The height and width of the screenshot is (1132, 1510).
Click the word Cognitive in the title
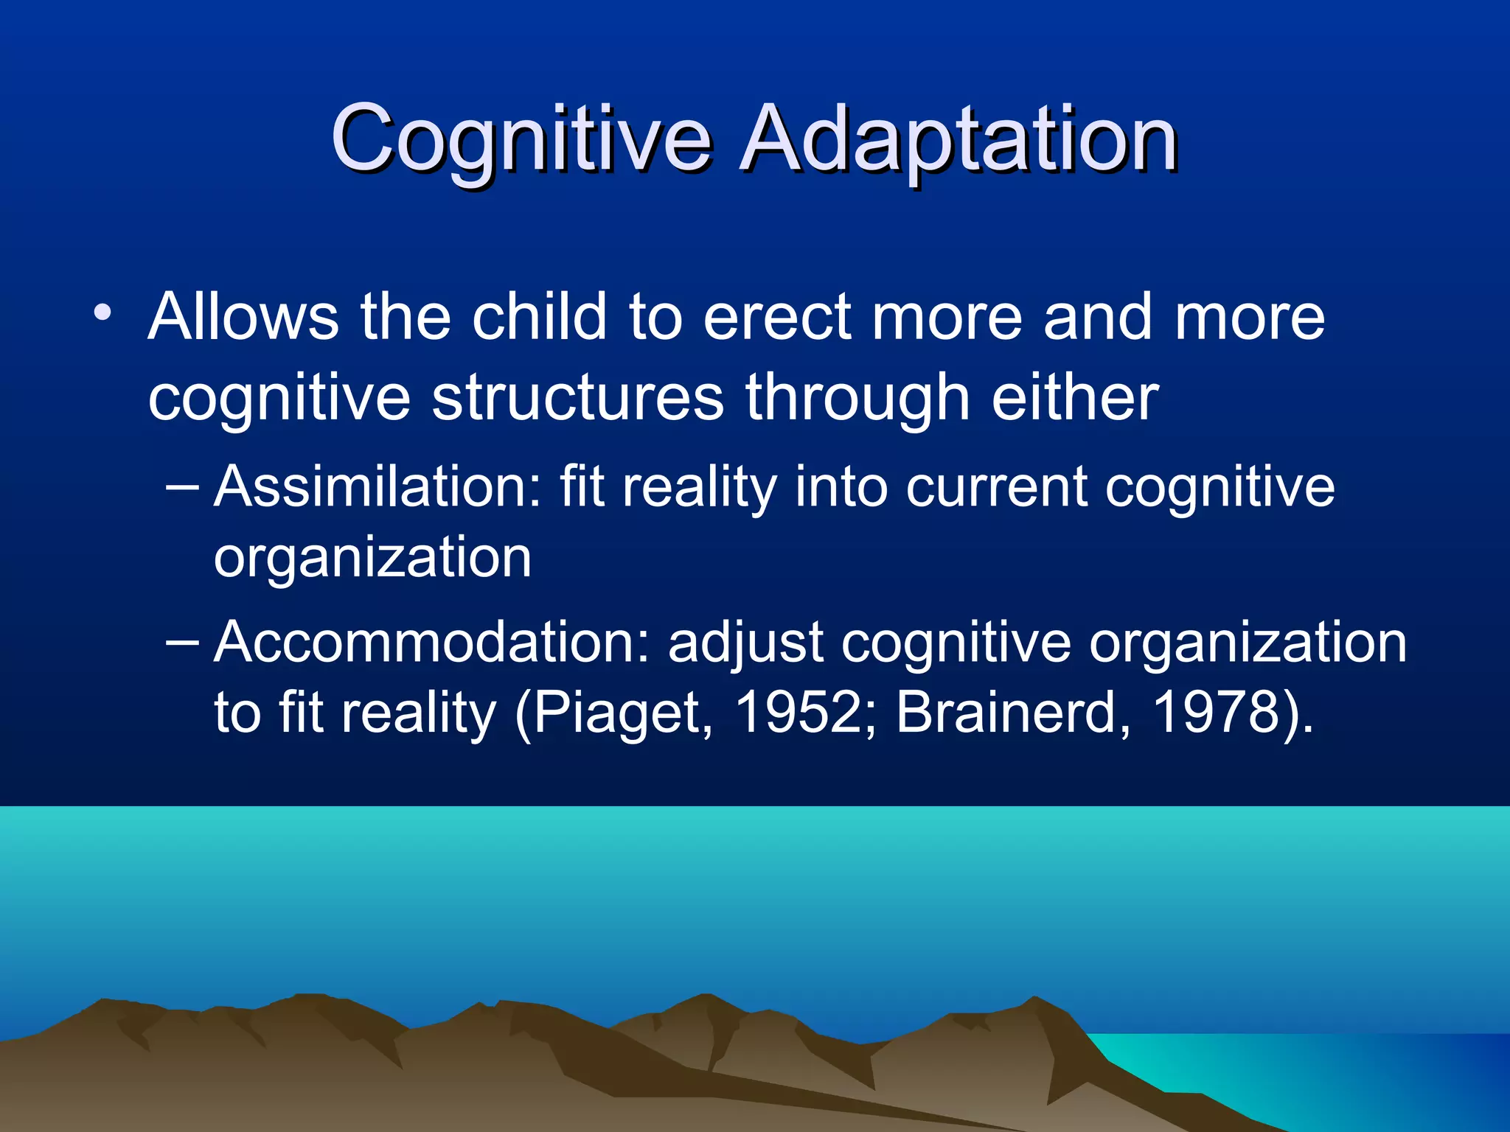click(x=521, y=139)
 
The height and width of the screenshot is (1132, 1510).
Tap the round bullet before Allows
click(x=102, y=313)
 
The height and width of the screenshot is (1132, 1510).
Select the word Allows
click(x=243, y=317)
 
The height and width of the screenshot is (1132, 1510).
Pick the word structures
click(x=577, y=398)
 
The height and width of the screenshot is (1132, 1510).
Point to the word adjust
click(x=745, y=643)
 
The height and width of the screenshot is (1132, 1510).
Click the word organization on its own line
click(x=372, y=557)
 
